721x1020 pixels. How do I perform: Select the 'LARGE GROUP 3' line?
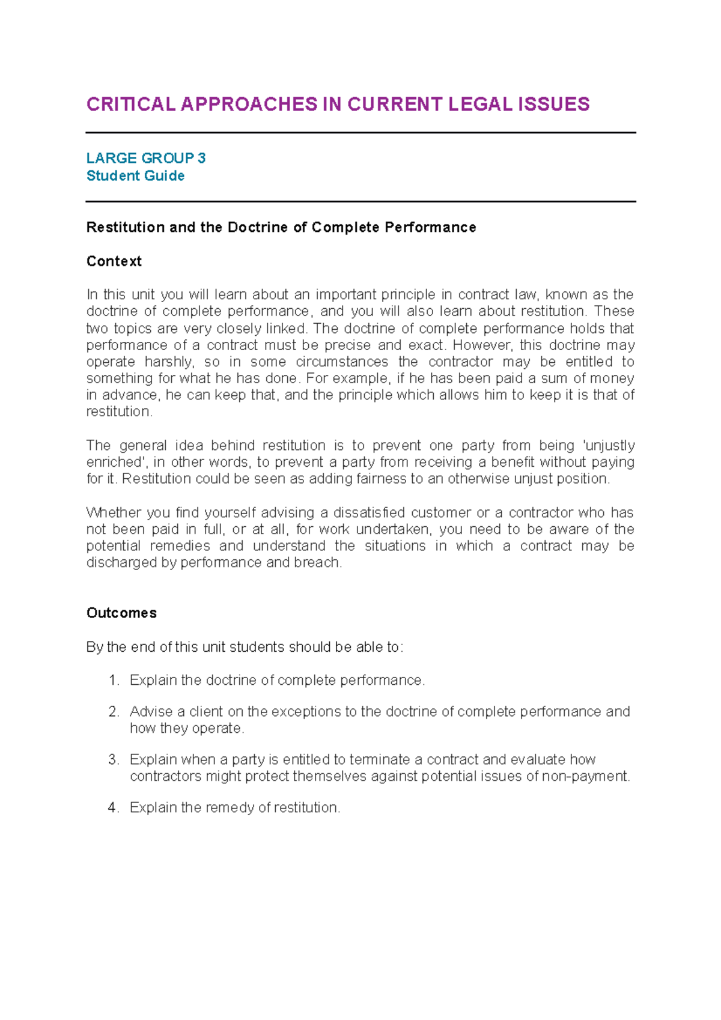146,158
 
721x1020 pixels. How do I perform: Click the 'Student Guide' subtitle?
135,176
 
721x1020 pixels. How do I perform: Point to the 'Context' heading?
114,261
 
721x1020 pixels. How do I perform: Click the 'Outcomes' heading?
121,613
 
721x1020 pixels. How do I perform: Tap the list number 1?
113,680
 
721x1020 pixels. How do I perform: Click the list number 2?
113,711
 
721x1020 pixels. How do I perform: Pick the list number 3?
113,759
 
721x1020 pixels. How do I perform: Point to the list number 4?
113,807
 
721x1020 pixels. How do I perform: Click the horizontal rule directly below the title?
360,133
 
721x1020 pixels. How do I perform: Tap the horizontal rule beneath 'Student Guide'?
360,202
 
